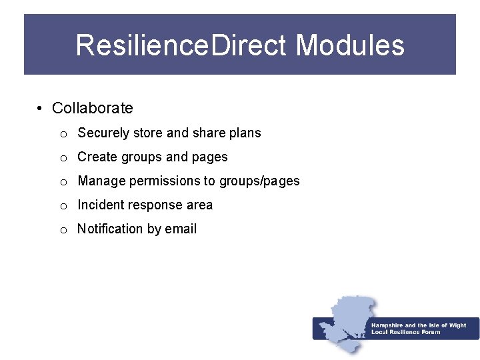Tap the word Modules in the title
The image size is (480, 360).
[x=350, y=45]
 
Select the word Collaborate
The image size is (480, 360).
[x=92, y=108]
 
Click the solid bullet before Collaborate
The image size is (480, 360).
[x=41, y=109]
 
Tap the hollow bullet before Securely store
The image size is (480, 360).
[x=63, y=134]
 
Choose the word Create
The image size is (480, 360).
[x=97, y=157]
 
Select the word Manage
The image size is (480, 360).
[x=101, y=181]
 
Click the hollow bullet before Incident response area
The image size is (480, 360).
[x=63, y=206]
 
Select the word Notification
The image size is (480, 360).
[x=110, y=229]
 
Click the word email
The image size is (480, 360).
[x=181, y=229]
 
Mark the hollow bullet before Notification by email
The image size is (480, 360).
[x=63, y=230]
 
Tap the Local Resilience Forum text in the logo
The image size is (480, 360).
[x=406, y=332]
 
